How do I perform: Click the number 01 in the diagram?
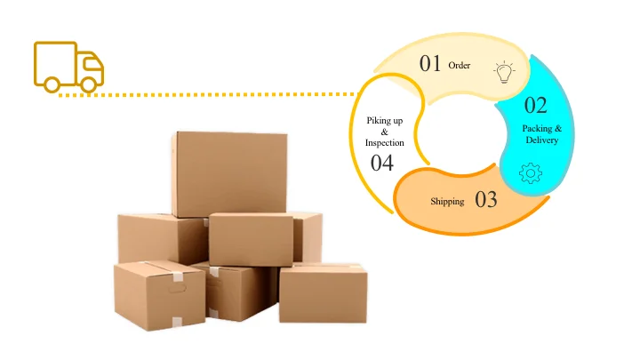pos(431,63)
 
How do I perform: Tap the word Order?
pos(460,65)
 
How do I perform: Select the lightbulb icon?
pos(504,71)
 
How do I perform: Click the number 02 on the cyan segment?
pos(535,106)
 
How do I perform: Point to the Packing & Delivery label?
pos(541,134)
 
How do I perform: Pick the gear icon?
pos(531,172)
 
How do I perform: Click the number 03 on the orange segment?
pos(486,199)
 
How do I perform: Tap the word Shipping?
pos(447,202)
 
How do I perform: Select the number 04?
pos(382,163)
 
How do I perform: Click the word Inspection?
pos(385,142)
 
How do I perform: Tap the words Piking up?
pos(385,119)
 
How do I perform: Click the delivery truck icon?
pos(68,66)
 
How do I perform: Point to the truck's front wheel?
pos(89,84)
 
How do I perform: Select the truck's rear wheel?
pos(52,84)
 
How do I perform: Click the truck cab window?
pos(91,64)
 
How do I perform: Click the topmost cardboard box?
pos(229,173)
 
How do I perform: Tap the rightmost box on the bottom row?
pos(323,293)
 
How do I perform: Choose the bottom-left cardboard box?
pos(159,295)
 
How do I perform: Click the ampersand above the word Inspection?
pos(385,131)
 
